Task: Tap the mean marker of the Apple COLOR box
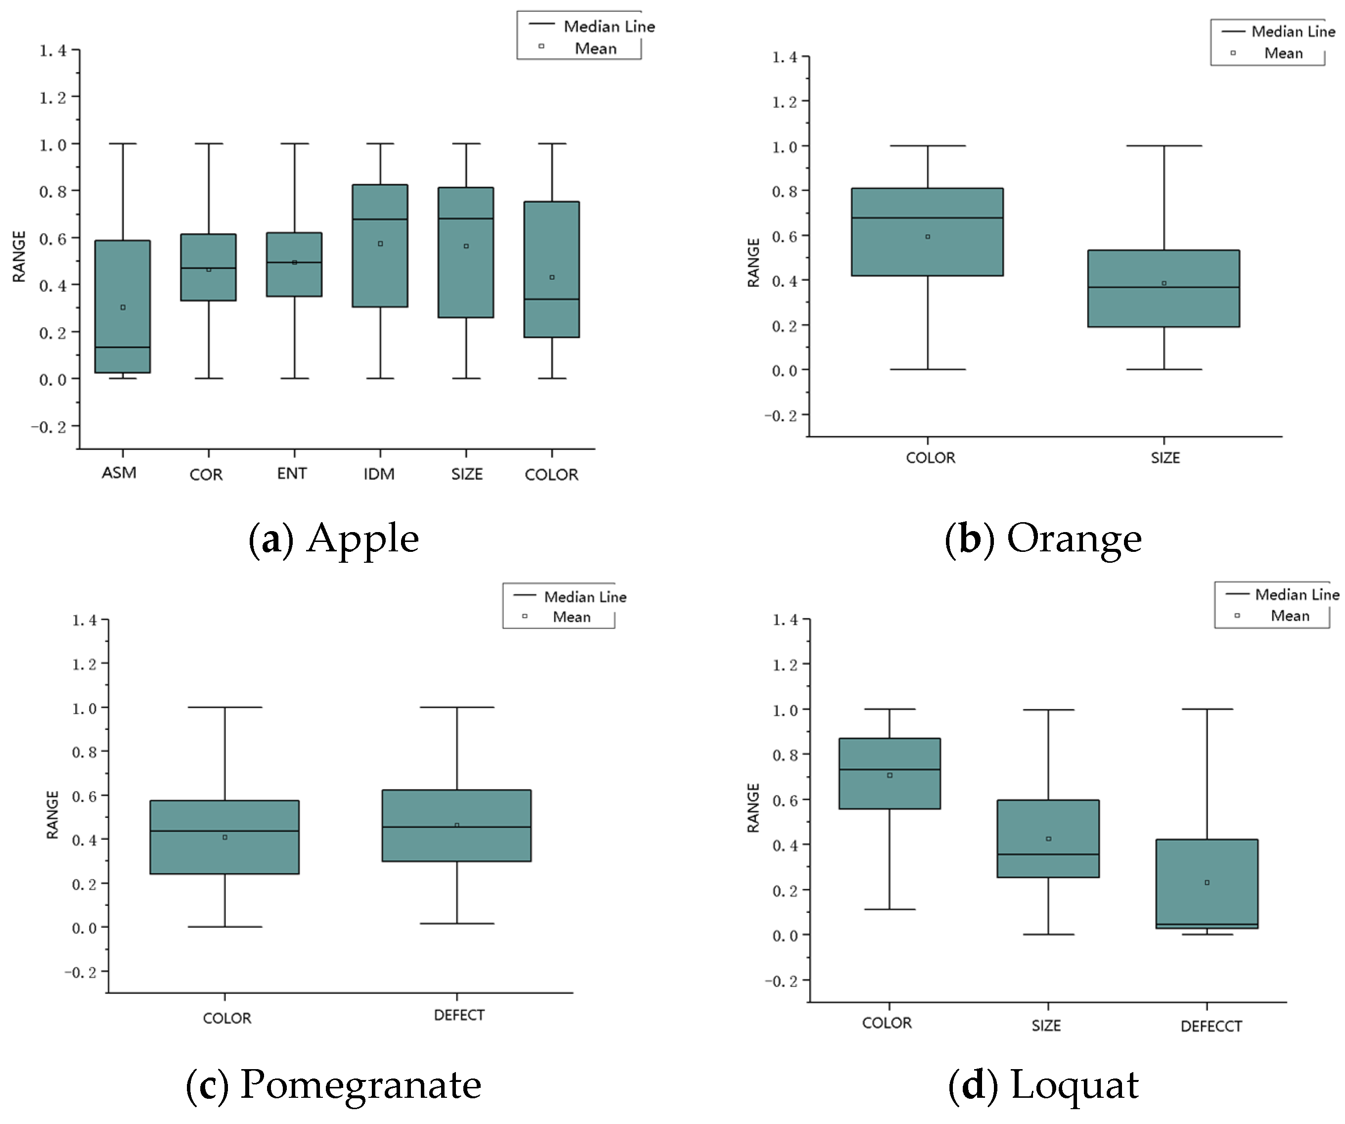(552, 277)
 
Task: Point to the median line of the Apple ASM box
(122, 347)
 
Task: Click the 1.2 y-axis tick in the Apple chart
(53, 97)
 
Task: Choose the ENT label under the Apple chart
(292, 474)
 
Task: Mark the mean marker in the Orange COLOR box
(928, 237)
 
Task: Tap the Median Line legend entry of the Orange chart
(1278, 31)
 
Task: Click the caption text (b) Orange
(1043, 539)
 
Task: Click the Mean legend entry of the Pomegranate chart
(557, 617)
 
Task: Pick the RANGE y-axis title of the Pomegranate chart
(52, 814)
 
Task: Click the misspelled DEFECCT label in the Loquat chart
(1210, 1027)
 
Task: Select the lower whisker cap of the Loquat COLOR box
(890, 909)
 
